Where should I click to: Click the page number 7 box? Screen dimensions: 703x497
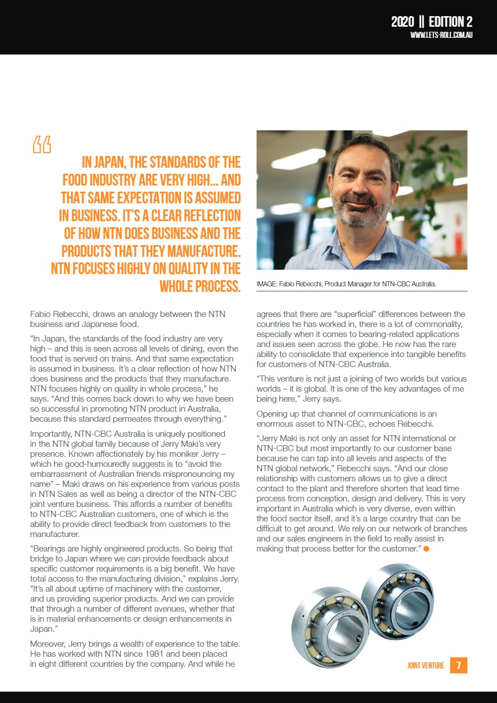pos(459,665)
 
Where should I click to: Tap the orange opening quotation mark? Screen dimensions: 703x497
pos(42,144)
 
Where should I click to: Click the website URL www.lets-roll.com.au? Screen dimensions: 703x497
pos(441,35)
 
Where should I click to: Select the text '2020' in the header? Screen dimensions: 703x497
pos(402,22)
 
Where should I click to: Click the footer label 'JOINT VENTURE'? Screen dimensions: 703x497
pos(426,666)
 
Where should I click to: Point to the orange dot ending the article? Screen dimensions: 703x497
pos(426,549)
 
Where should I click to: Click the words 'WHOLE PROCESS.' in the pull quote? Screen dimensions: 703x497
pos(200,286)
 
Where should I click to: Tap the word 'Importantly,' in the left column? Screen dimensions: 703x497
pos(51,433)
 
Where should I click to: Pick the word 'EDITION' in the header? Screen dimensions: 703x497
pos(446,22)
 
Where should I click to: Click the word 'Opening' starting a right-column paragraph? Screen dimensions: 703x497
pos(271,413)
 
